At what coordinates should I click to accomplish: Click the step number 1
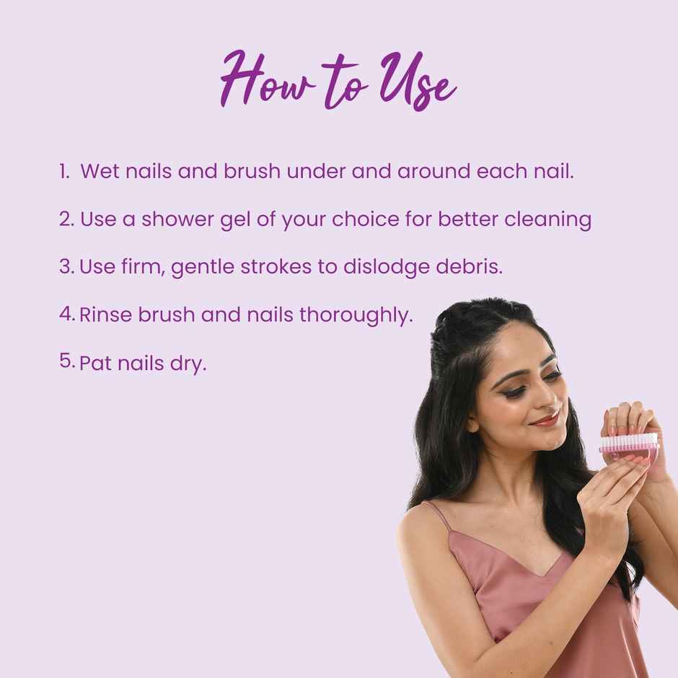[x=63, y=171]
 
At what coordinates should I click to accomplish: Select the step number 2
[x=66, y=219]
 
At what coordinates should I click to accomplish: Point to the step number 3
[x=66, y=265]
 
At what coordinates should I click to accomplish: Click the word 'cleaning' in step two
[x=552, y=220]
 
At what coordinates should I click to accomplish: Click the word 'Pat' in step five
[x=92, y=363]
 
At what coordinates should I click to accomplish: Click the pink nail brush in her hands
[x=628, y=448]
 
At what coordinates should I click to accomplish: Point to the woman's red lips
[x=546, y=418]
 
